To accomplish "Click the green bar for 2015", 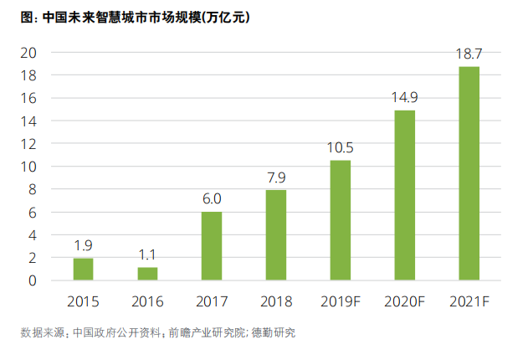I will [x=83, y=270].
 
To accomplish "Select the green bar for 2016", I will [x=147, y=274].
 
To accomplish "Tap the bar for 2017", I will [x=212, y=246].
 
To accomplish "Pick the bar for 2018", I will [x=276, y=235].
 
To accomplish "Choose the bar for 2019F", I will [x=341, y=220].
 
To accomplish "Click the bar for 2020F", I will [x=405, y=195].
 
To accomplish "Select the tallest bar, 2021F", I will [x=469, y=173].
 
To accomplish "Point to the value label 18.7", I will [x=469, y=54].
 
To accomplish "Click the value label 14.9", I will [x=405, y=98].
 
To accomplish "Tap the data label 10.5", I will [x=341, y=148].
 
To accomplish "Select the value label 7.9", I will [x=276, y=177].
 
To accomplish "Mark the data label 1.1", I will [x=147, y=255].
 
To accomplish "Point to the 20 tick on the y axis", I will [x=29, y=52].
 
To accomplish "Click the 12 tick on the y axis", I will [x=29, y=144].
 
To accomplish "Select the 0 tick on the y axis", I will [x=33, y=281].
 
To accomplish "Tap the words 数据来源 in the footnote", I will [x=42, y=332].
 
